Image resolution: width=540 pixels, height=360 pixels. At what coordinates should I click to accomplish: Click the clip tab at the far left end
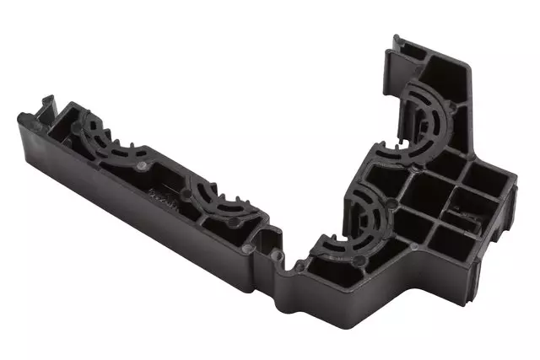tap(44, 105)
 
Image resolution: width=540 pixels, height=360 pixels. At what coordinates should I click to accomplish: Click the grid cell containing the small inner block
tap(460, 221)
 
